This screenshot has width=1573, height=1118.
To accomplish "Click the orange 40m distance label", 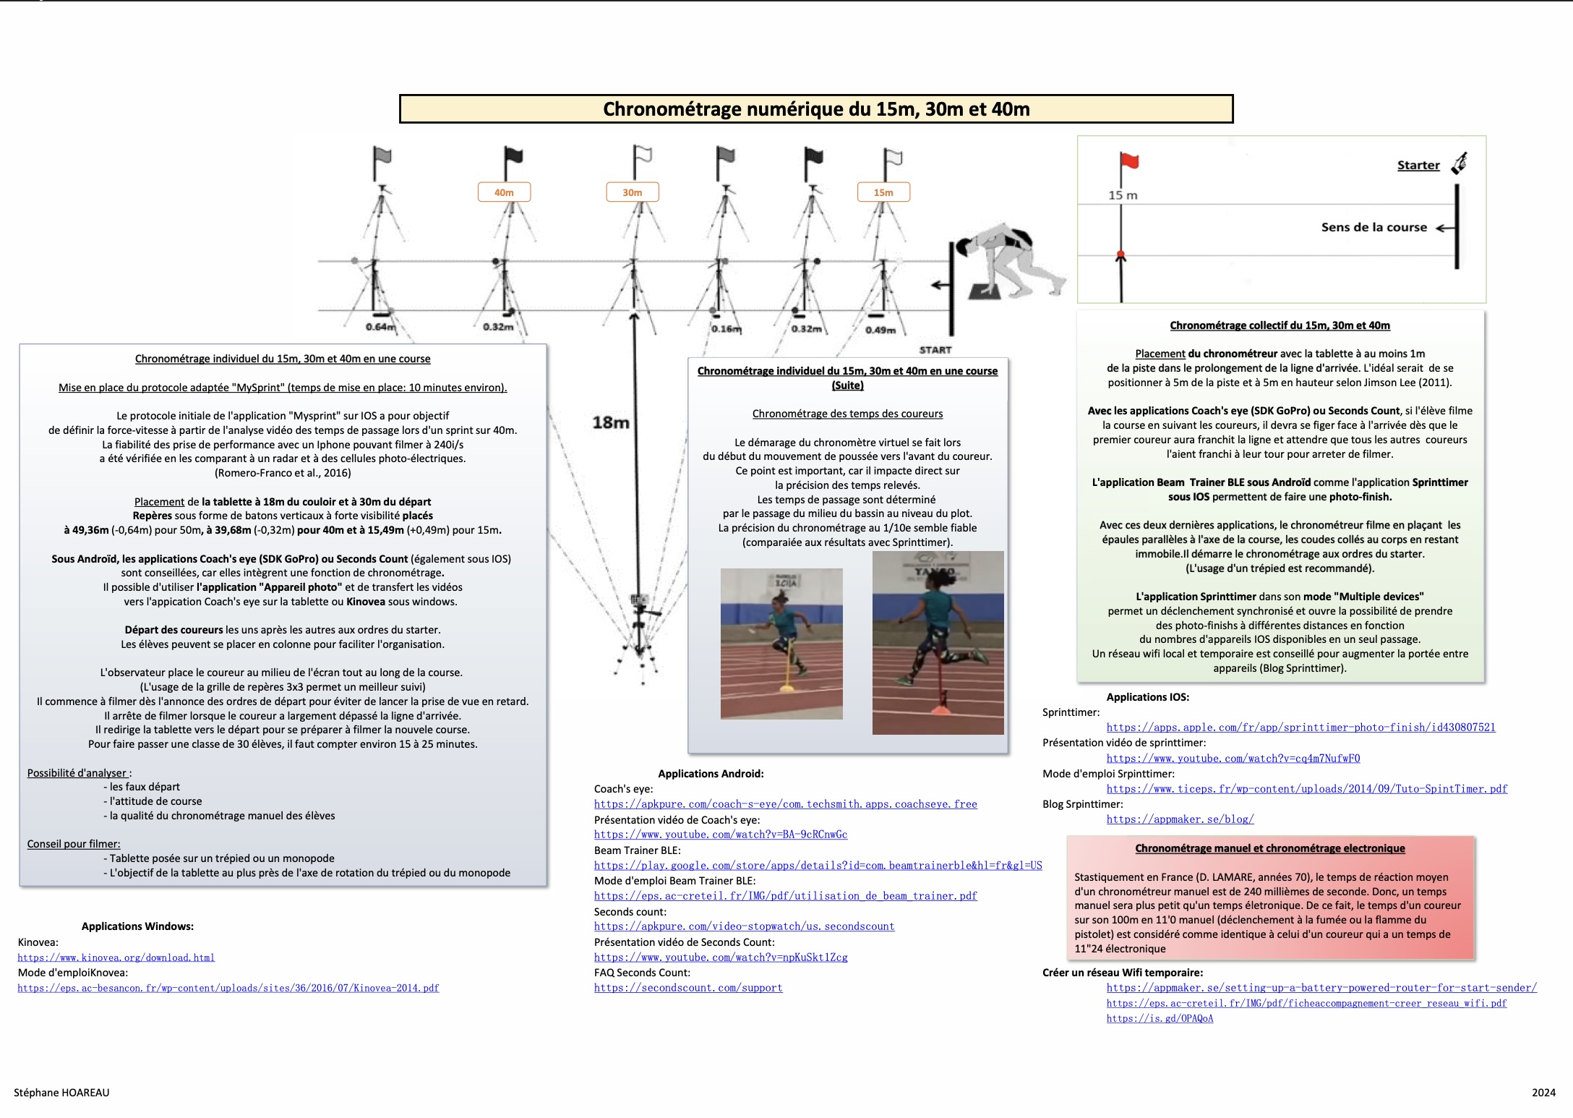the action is tap(504, 192).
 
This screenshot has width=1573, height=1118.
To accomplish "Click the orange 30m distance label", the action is tap(633, 192).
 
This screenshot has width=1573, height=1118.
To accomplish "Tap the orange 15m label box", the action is tap(883, 192).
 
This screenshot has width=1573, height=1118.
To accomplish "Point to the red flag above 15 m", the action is tap(1129, 161).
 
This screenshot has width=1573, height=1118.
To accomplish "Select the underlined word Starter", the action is tap(1418, 166).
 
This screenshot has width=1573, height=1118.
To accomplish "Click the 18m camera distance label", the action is tap(611, 422).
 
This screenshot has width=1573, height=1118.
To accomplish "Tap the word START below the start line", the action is tap(935, 350).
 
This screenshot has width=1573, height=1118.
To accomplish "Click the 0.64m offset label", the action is tap(380, 327).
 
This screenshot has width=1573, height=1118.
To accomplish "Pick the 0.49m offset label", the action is tap(880, 330).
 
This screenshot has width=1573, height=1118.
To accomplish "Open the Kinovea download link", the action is tap(116, 957).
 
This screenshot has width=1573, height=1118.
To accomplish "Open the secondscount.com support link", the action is tap(688, 988).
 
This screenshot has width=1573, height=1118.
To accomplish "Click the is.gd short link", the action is tap(1160, 1018).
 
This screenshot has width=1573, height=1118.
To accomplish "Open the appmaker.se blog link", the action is tap(1180, 819).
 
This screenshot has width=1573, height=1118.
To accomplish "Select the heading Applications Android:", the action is tap(711, 774).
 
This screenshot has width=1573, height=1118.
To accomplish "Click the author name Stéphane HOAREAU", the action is tap(61, 1093).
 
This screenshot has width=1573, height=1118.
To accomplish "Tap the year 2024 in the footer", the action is tap(1543, 1093).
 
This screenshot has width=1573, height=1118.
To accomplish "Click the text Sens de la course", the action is tap(1374, 227).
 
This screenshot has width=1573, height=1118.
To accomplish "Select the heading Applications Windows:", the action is tap(137, 926).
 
